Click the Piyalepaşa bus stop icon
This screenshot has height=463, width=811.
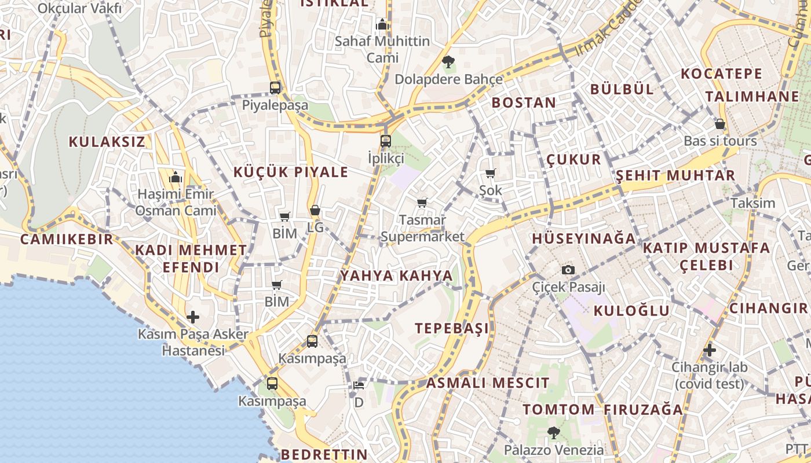point(275,88)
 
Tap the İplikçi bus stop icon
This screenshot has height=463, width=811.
point(386,141)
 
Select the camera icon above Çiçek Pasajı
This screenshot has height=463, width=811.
point(568,270)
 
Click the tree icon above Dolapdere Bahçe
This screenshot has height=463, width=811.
point(448,61)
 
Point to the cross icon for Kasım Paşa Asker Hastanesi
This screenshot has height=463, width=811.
point(193,317)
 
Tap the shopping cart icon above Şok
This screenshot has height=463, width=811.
point(491,173)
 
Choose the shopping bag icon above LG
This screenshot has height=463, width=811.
point(315,210)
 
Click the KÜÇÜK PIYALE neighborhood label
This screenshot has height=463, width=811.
point(291,172)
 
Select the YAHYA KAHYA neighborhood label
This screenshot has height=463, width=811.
point(396,275)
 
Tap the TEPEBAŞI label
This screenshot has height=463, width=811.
point(452,328)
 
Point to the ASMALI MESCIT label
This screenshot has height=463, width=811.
point(488,383)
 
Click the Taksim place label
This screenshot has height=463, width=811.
point(752,203)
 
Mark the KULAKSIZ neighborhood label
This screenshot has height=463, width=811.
point(107,142)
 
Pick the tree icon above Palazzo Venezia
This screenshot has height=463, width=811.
point(553,432)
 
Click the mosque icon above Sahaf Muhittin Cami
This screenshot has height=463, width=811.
point(382,24)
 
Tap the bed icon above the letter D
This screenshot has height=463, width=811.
point(359,385)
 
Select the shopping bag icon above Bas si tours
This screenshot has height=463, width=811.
point(720,124)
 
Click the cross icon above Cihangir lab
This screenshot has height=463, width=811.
point(709,350)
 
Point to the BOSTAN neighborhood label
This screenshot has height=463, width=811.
point(524,102)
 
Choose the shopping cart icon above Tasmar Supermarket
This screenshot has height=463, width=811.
point(422,203)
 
